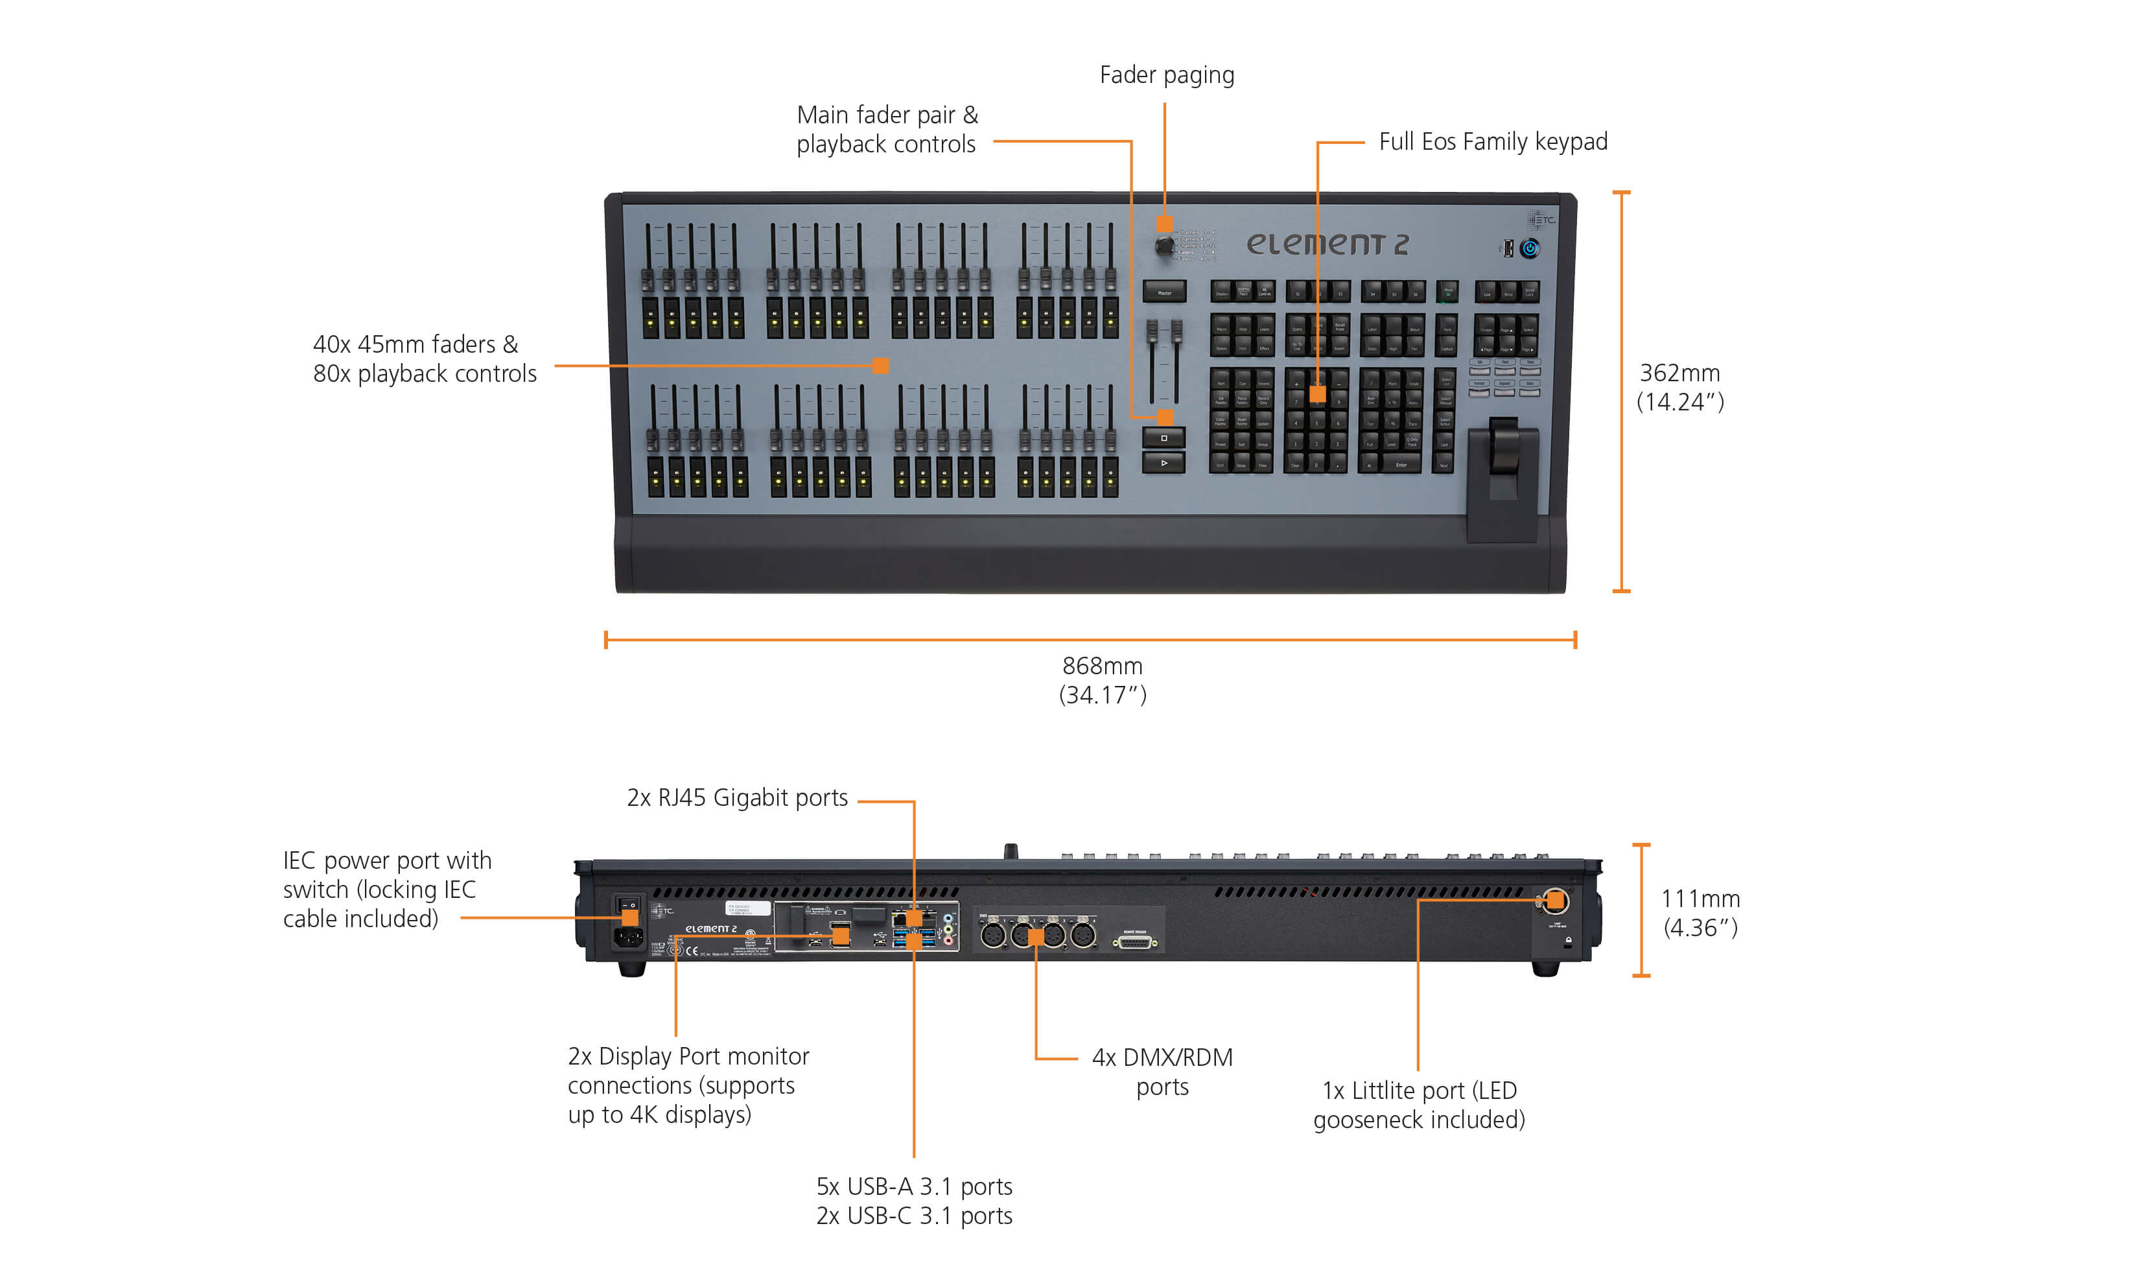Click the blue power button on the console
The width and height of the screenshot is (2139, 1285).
point(1530,248)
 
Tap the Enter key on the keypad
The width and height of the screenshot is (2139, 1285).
point(1401,465)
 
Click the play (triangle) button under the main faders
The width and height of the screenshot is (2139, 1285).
point(1163,464)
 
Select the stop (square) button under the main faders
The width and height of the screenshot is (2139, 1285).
point(1163,438)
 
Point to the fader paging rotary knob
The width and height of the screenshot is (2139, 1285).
point(1164,246)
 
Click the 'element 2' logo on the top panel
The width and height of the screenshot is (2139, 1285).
point(1327,244)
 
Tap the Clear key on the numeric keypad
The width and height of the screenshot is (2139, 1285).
point(1295,465)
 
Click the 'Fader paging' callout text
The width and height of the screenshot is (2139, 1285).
point(1166,75)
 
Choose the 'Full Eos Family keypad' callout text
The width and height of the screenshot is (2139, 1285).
point(1492,141)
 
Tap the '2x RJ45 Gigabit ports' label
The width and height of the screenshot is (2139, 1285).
point(737,797)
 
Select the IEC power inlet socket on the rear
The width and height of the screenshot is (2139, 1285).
point(629,937)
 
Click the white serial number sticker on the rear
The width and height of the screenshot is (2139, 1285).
point(747,908)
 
